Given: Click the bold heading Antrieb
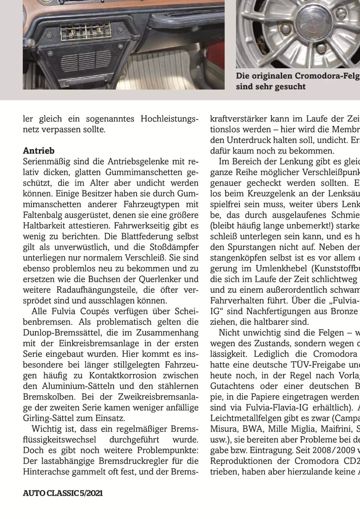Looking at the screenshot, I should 38,151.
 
